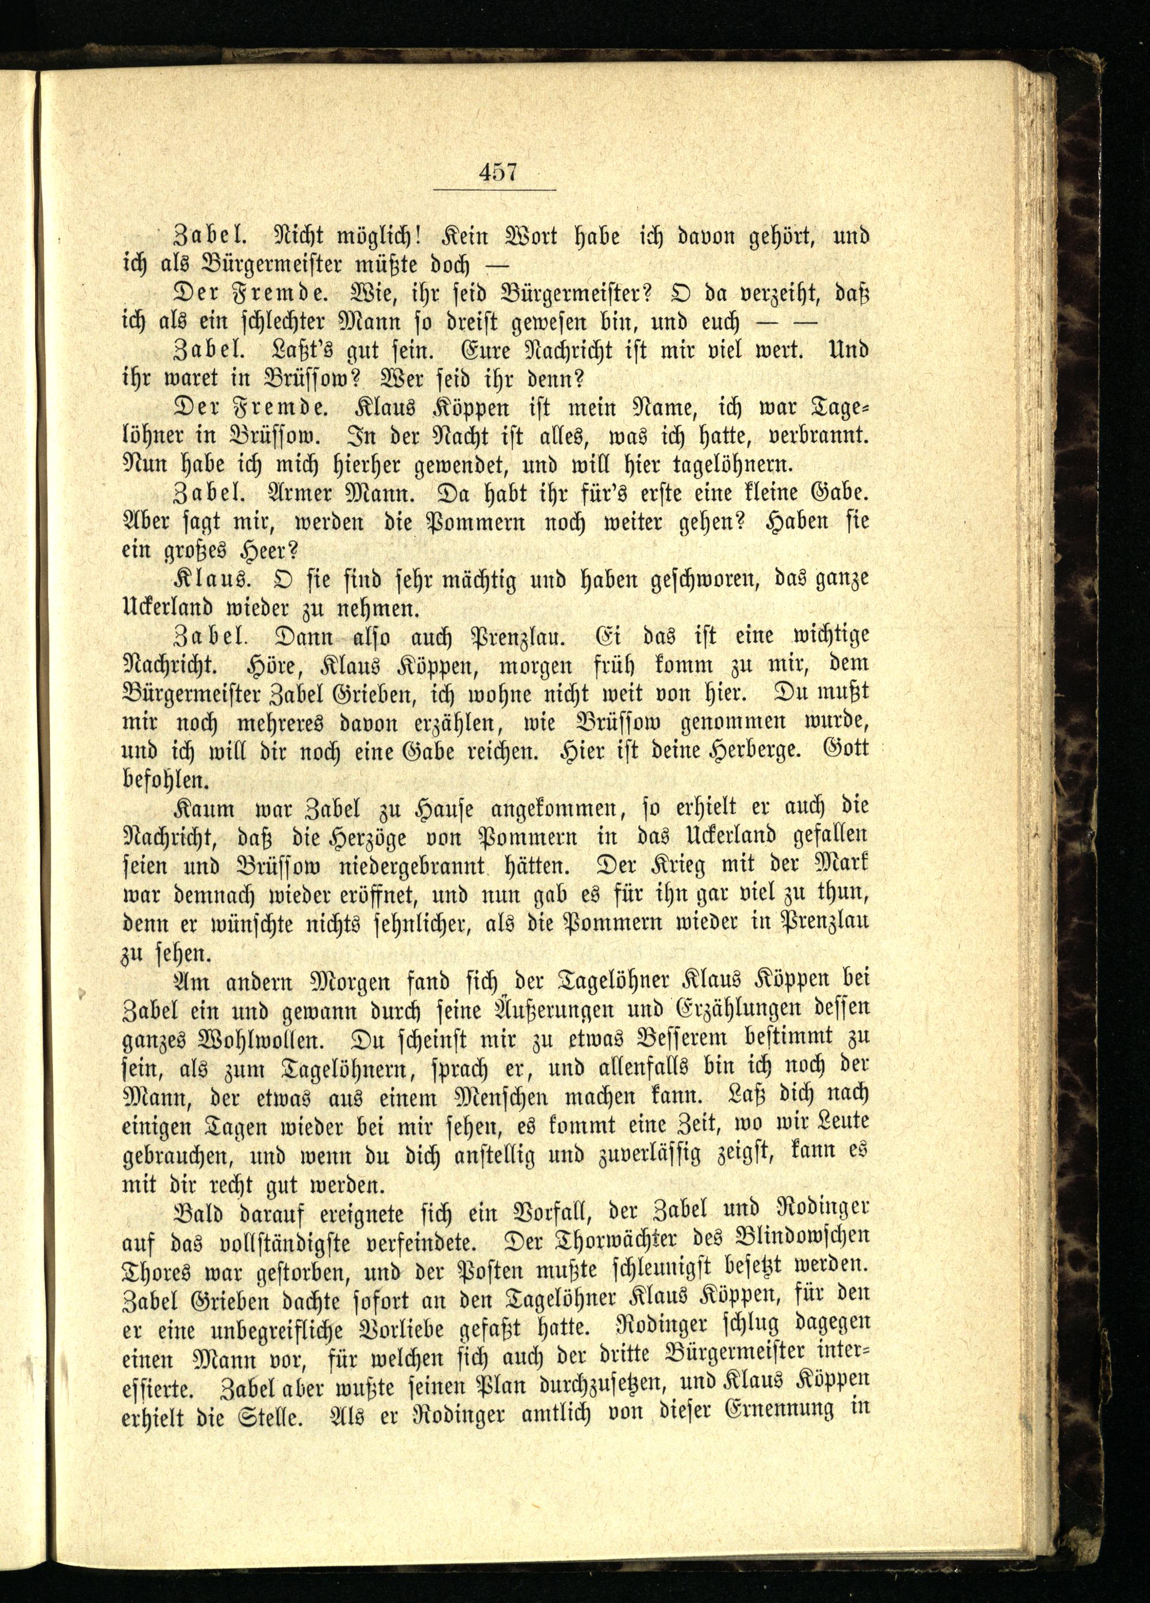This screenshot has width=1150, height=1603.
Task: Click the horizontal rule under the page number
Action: point(494,190)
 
